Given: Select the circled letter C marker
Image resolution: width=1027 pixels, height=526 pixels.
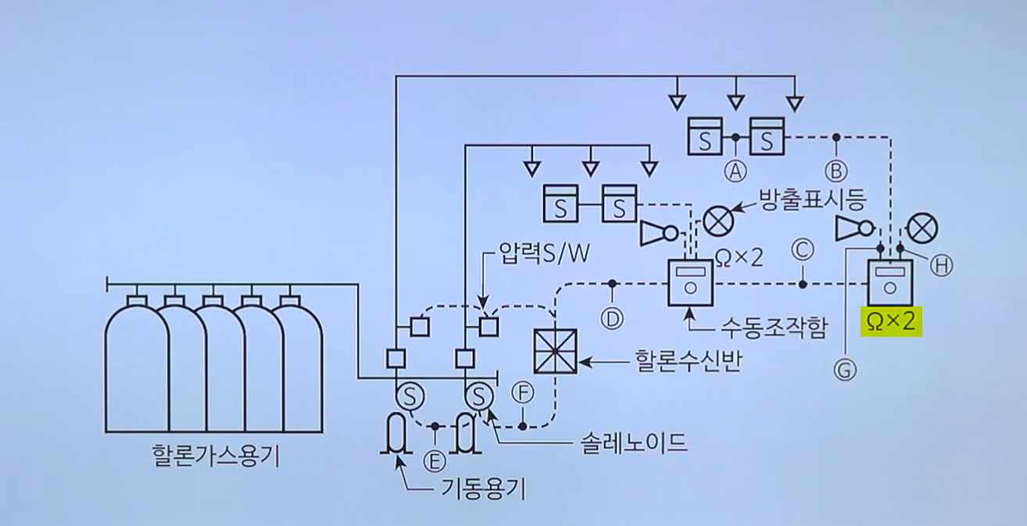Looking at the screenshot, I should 803,249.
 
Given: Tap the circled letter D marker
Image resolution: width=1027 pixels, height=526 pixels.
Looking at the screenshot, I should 612,318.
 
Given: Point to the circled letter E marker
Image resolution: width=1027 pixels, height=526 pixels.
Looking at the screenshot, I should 435,458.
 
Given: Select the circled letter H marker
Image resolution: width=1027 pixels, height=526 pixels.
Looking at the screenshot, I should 942,266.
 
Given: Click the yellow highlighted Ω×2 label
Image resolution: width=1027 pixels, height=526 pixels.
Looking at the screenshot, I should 891,321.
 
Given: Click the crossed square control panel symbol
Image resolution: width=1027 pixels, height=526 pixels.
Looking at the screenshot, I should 556,351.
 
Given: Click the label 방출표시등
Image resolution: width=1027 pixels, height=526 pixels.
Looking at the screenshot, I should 812,200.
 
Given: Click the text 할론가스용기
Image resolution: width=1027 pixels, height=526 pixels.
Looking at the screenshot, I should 216,456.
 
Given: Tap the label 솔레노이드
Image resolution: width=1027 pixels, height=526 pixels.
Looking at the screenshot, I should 633,443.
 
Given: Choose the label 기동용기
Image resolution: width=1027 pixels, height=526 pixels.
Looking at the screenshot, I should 484,489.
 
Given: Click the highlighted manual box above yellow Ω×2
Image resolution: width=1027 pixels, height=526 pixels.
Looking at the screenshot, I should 889,282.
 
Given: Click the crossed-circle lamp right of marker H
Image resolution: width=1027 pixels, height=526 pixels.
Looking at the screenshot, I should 922,228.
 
